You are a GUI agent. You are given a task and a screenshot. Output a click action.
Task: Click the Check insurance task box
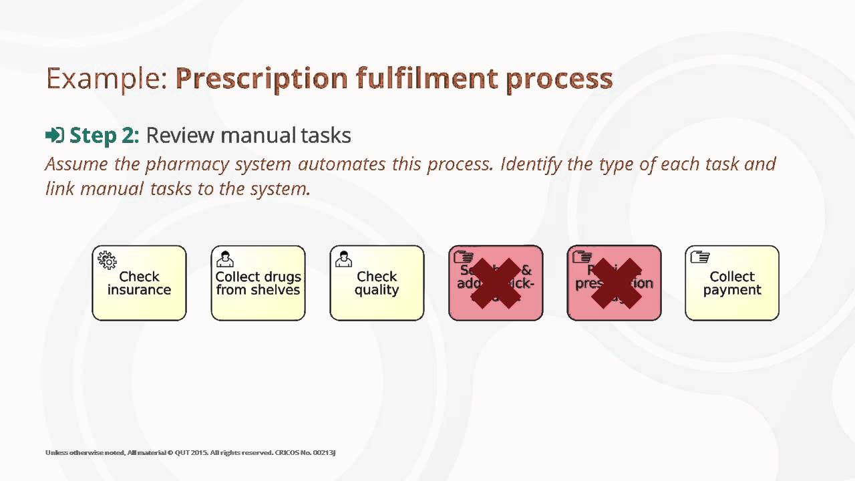click(139, 283)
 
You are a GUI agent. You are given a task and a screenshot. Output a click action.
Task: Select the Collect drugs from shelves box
click(258, 283)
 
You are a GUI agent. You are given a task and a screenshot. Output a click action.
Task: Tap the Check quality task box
click(377, 283)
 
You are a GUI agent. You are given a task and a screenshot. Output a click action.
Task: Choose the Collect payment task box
click(732, 283)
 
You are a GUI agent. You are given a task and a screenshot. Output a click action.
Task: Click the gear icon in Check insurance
click(107, 259)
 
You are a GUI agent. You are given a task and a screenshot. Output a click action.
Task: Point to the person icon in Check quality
click(344, 259)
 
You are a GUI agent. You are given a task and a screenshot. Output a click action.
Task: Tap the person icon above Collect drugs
click(225, 259)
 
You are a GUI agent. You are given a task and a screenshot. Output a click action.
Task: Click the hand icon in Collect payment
click(700, 257)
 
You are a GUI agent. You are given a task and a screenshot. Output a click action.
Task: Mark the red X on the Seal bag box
click(496, 283)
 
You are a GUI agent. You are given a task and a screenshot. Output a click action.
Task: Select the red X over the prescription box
click(615, 283)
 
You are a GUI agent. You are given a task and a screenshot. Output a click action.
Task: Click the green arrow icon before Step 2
click(54, 136)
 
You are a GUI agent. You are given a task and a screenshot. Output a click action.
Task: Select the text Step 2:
click(104, 136)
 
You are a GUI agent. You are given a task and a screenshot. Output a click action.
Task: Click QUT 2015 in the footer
click(190, 453)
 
